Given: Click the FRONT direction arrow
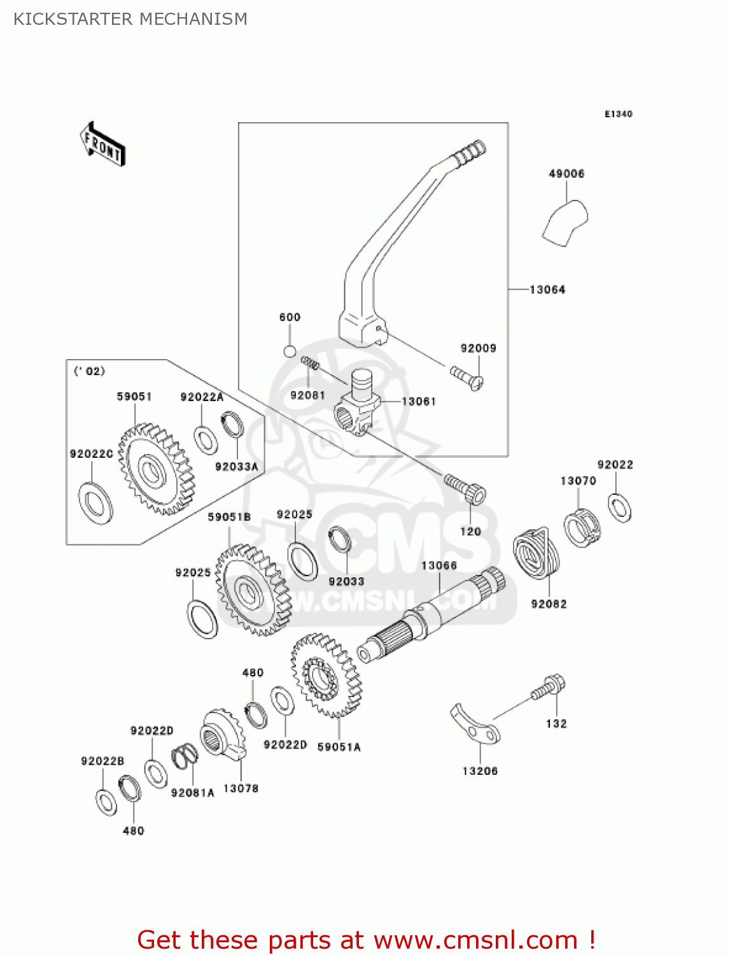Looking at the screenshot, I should click(102, 145).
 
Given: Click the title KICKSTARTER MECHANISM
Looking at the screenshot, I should click(130, 19).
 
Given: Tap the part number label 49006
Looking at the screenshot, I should click(566, 174).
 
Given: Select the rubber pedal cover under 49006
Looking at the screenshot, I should click(566, 222).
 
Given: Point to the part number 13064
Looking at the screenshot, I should click(547, 290).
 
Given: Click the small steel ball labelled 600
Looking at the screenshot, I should click(290, 351).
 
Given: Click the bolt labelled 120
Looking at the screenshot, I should click(466, 489).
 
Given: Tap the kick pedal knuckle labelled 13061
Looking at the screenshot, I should click(357, 404).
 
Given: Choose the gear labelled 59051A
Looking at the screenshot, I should click(325, 675).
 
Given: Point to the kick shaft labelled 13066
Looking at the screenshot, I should click(433, 614).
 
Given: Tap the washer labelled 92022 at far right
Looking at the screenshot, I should click(619, 507).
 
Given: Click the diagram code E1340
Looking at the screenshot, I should click(618, 114).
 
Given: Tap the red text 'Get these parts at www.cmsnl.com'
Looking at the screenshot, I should click(366, 940).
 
